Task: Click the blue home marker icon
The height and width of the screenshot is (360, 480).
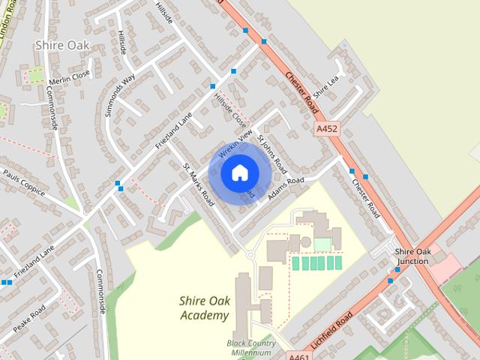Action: (239, 173)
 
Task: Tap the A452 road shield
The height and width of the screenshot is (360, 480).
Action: (327, 129)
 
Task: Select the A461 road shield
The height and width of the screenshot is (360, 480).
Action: (298, 355)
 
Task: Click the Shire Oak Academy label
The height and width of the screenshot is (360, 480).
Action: (204, 307)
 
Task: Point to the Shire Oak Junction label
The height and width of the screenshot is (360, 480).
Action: (412, 256)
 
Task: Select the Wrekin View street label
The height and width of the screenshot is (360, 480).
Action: (232, 142)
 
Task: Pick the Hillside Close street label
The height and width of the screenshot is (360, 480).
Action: (229, 110)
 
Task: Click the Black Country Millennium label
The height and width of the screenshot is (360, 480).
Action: (251, 348)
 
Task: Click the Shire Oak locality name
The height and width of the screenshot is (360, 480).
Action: (62, 45)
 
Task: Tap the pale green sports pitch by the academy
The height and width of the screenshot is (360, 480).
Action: (322, 244)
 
